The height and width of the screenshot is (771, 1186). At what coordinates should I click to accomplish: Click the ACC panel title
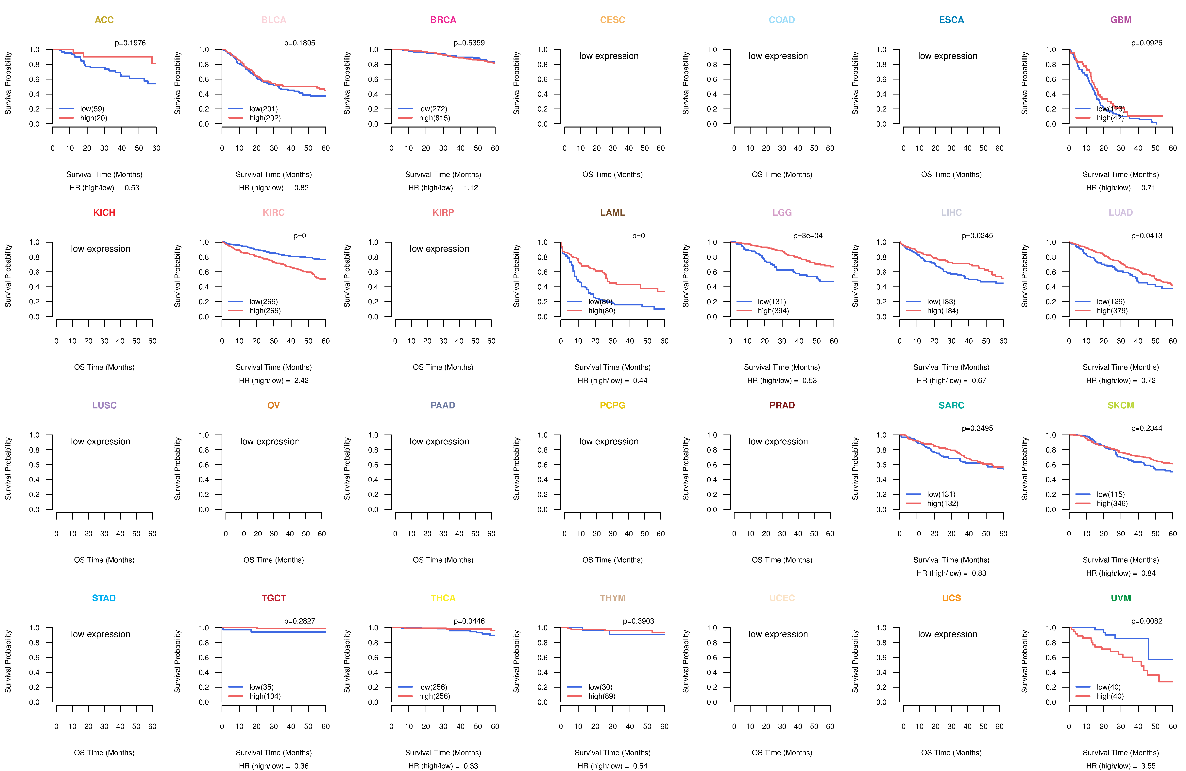(104, 20)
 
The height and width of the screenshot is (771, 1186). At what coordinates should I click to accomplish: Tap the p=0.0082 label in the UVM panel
(1146, 621)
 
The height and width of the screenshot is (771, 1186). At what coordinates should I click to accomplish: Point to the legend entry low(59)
(92, 109)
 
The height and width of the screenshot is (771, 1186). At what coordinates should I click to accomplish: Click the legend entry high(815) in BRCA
(434, 118)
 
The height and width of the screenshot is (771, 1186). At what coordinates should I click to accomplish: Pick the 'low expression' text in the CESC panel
(608, 56)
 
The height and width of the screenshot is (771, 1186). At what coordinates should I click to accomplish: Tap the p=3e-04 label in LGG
(808, 236)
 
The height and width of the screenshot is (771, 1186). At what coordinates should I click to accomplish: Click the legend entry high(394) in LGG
(773, 311)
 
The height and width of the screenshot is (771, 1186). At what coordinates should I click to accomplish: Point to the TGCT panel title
(274, 598)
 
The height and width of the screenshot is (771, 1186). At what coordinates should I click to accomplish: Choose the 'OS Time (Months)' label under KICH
(104, 367)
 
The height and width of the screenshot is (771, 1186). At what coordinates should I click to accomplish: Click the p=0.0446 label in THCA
(469, 621)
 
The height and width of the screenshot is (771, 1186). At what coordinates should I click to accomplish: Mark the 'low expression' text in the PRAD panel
(778, 442)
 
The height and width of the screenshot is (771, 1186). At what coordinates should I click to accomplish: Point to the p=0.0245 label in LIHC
(977, 236)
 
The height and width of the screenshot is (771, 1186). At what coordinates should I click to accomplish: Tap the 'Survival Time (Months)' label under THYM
(612, 753)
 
